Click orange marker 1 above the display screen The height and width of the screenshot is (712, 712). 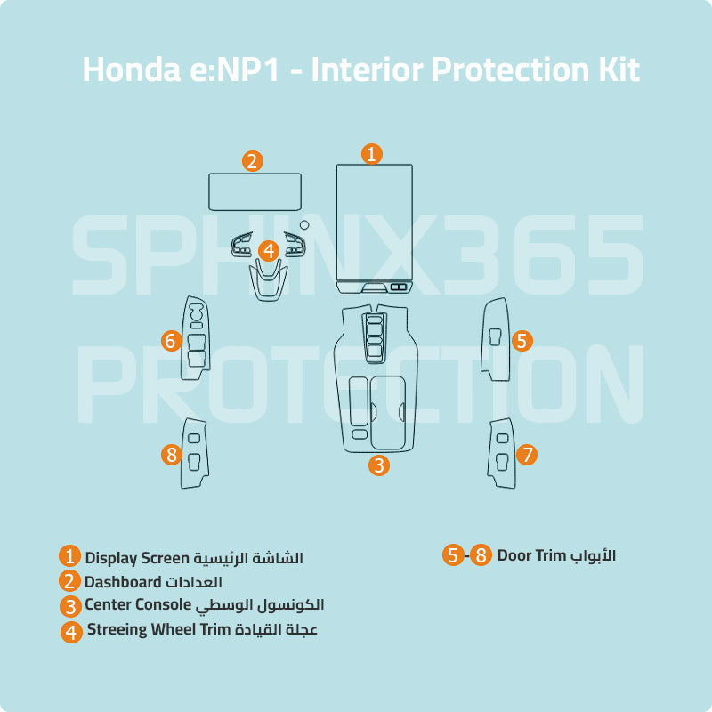click(372, 153)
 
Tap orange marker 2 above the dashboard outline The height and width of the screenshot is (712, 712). click(253, 161)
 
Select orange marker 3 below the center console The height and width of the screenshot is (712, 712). click(379, 465)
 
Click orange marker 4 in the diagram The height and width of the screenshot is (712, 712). click(269, 251)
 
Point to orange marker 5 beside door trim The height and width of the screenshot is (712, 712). click(522, 340)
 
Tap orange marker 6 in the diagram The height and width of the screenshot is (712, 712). click(172, 340)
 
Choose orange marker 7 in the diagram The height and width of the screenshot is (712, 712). click(527, 455)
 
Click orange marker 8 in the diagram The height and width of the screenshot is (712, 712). click(172, 455)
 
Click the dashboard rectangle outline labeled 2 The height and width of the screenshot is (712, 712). click(255, 191)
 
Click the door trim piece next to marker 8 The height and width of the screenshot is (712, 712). click(195, 452)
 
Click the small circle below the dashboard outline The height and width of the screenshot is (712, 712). click(303, 224)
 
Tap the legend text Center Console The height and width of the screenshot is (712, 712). click(138, 605)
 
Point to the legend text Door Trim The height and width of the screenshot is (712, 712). click(532, 555)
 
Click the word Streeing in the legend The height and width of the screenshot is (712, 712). click(116, 630)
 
